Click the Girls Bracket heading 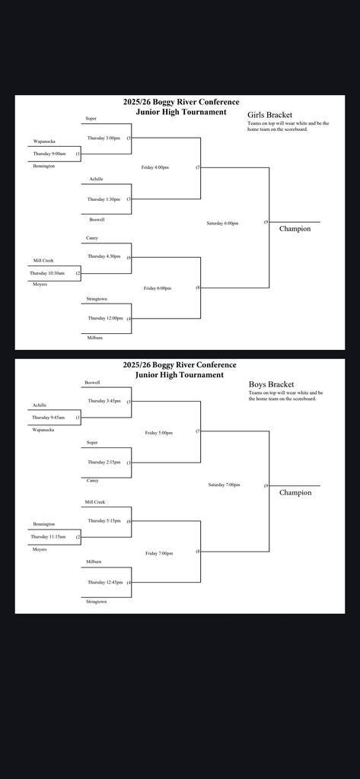[269, 115]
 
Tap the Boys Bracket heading [271, 384]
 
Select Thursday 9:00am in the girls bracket [49, 154]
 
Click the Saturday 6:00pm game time [222, 224]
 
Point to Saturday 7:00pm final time [224, 485]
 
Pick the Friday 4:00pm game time [155, 167]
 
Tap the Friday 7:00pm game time [158, 553]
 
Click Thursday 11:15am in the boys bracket [48, 537]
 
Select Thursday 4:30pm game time [104, 256]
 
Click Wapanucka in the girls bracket [44, 141]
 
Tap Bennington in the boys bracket [43, 524]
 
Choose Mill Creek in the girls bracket [43, 260]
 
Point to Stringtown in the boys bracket [96, 602]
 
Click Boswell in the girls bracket [97, 219]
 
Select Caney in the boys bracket [92, 480]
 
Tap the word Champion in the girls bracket [295, 228]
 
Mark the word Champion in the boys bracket [295, 492]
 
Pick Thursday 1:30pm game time [104, 199]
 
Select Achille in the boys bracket [39, 405]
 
